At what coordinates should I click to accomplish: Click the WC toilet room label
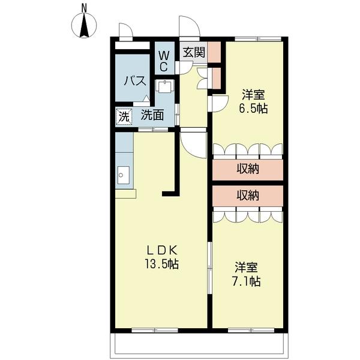tap(164, 61)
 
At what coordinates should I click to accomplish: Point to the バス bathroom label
tap(135, 81)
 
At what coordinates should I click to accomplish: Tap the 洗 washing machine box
tap(124, 116)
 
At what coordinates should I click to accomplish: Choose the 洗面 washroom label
tap(153, 116)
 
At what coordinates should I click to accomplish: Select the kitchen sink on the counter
tap(124, 176)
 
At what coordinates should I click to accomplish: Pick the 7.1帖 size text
tap(247, 280)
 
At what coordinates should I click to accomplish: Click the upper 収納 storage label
tap(247, 169)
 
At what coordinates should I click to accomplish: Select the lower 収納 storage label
tap(247, 195)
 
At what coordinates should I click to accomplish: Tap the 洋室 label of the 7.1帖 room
tap(247, 266)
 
